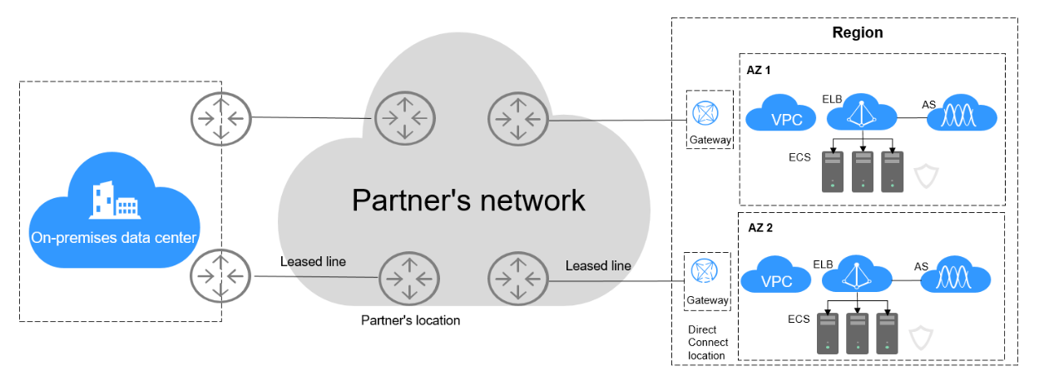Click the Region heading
pos(858,33)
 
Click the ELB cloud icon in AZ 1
pos(863,116)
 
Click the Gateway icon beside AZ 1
pos(709,112)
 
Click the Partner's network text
pos(468,200)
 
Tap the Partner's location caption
pos(410,320)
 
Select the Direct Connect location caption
pos(708,343)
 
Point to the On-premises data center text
pos(114,238)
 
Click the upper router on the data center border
pos(220,116)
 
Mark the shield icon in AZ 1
pos(925,176)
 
